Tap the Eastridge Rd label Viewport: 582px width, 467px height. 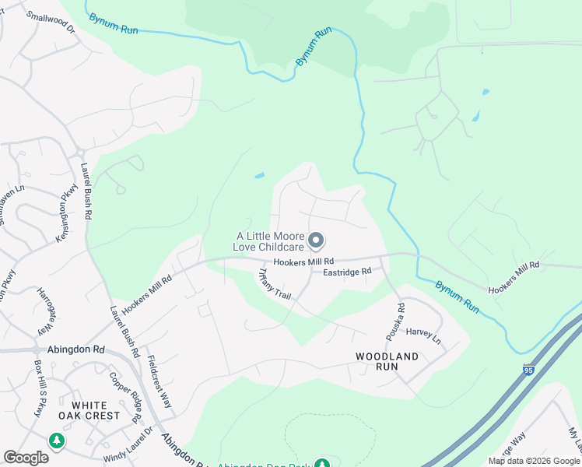pyautogui.click(x=348, y=272)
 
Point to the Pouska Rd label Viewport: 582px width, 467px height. pyautogui.click(x=395, y=322)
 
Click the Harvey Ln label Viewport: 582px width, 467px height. pyautogui.click(x=423, y=340)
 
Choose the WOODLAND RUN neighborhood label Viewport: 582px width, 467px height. pyautogui.click(x=387, y=361)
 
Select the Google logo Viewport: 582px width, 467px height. pyautogui.click(x=26, y=458)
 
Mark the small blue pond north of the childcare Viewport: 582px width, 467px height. pyautogui.click(x=259, y=175)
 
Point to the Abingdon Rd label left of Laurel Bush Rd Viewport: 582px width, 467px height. pyautogui.click(x=75, y=350)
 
